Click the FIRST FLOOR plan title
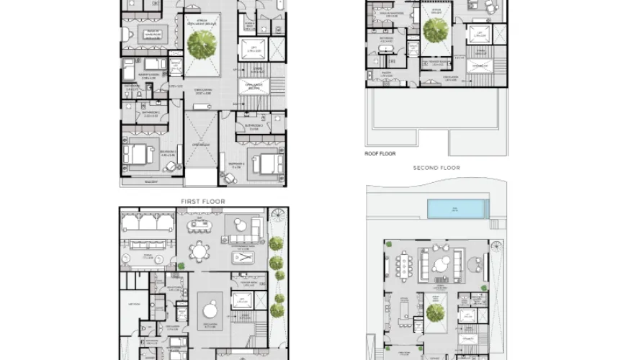pos(203,202)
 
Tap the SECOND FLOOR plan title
pos(436,168)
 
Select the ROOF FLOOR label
pos(381,153)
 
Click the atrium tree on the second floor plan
pos(435,30)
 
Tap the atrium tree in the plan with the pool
pos(435,313)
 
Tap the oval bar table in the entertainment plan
pos(201,227)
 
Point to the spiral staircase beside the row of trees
pos(277,217)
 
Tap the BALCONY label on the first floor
pos(151,182)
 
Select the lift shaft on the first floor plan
pos(253,50)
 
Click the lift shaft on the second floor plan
pos(478,33)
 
